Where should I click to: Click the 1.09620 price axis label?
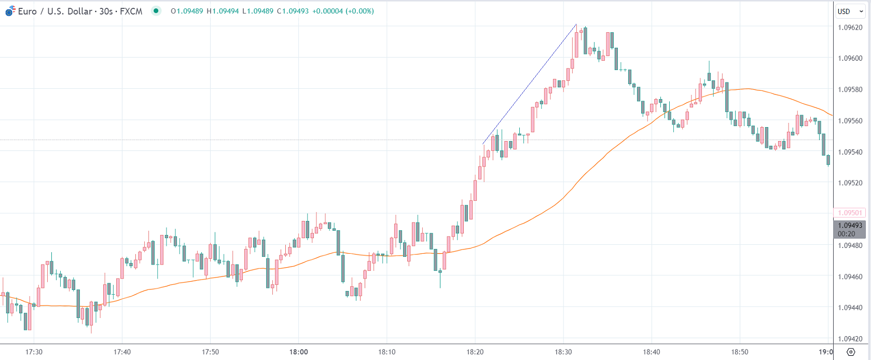850,27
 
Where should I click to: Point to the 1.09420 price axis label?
850,339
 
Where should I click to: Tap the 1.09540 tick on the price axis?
850,152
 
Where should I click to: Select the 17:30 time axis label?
34,352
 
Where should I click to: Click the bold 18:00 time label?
298,352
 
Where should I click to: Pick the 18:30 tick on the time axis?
563,352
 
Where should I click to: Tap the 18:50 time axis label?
740,352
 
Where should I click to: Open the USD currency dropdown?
850,11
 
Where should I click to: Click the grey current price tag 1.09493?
849,226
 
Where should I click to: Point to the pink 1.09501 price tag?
849,213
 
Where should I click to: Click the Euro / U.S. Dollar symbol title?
55,11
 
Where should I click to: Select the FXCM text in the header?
131,11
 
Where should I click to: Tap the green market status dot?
156,11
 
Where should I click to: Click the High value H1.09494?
223,11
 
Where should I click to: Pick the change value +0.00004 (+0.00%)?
343,11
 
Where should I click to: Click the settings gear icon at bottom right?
851,352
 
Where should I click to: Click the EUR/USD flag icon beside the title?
10,11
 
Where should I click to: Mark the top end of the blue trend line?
576,24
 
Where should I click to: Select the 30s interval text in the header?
106,11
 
